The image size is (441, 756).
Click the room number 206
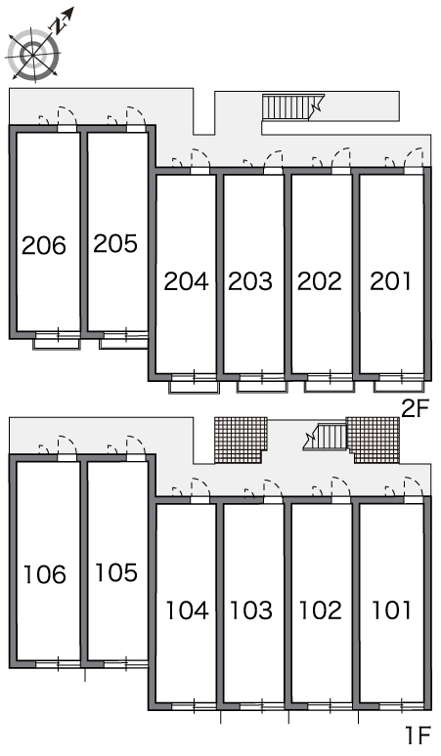click(x=44, y=245)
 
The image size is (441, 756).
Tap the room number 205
click(x=115, y=243)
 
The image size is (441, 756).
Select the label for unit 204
click(x=186, y=281)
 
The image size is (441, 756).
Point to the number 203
click(x=250, y=281)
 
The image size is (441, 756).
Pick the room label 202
click(x=320, y=281)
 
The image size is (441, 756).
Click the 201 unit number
click(x=391, y=281)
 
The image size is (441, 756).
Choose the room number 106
click(x=45, y=574)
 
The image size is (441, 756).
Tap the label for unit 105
click(x=116, y=572)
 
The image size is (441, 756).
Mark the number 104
click(x=187, y=610)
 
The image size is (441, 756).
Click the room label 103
click(x=251, y=610)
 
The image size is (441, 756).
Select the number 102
click(x=321, y=610)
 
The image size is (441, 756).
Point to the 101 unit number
click(x=392, y=610)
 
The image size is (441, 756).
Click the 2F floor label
click(x=416, y=409)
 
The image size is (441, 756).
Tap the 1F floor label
click(x=418, y=735)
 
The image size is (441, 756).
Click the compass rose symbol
click(x=35, y=52)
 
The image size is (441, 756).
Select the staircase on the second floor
click(x=293, y=106)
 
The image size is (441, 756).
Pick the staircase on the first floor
click(x=326, y=437)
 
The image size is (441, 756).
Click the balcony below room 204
click(x=194, y=387)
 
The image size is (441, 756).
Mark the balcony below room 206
click(x=56, y=343)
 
